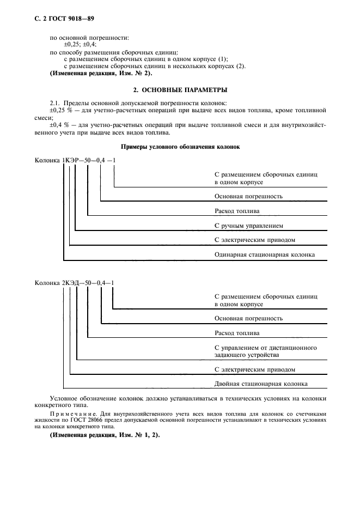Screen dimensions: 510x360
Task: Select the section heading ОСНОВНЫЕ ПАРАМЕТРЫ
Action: tap(180, 89)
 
